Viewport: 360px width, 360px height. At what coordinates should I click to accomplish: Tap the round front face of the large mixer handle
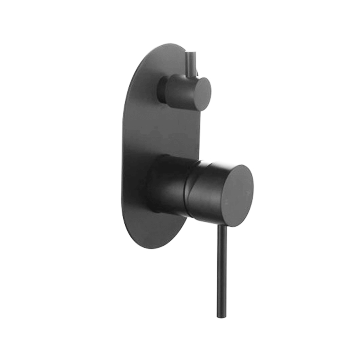238,195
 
